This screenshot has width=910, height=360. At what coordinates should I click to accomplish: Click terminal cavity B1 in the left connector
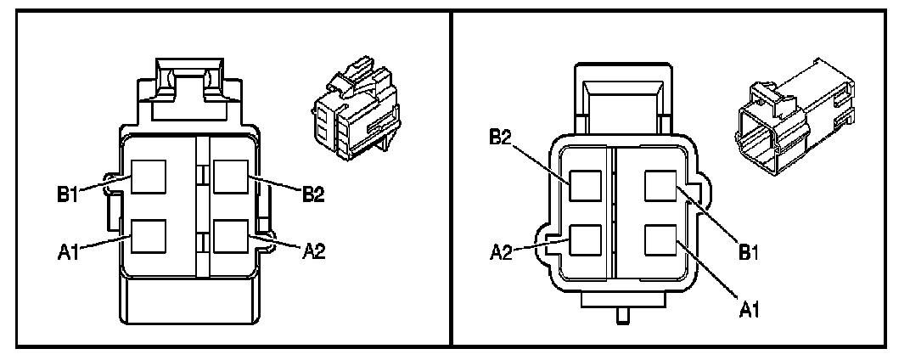point(147,178)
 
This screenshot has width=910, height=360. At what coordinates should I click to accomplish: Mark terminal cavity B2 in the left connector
point(230,178)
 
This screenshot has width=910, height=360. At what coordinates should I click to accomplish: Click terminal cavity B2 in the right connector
point(586,186)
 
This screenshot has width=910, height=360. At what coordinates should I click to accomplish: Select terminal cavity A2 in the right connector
point(586,241)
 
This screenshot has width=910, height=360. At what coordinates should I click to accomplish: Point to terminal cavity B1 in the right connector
point(661,186)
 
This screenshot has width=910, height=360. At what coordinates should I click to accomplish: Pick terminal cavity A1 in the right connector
point(661,241)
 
